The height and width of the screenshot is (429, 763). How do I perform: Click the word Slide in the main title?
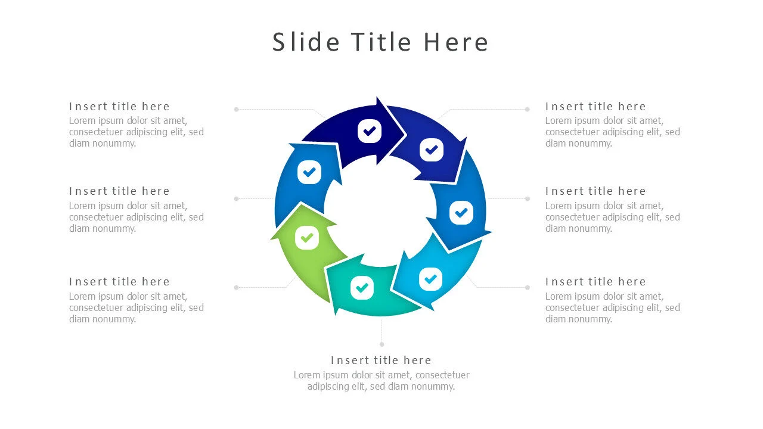click(x=306, y=42)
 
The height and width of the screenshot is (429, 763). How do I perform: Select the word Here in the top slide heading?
click(x=456, y=42)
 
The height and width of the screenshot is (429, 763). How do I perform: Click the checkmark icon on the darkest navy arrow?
click(x=370, y=131)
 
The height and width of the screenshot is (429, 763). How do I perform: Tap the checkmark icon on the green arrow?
click(x=307, y=238)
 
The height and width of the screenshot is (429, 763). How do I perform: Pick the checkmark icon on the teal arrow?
click(x=361, y=288)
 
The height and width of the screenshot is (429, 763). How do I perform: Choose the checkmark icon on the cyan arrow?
click(x=430, y=278)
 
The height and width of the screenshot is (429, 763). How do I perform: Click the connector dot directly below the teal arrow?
click(x=381, y=344)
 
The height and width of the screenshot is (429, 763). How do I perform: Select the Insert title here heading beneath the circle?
click(x=381, y=360)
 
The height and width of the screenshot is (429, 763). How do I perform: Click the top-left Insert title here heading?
click(x=119, y=107)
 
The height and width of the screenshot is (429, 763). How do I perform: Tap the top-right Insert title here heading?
click(x=595, y=107)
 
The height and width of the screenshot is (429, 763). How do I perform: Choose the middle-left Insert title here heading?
click(x=119, y=191)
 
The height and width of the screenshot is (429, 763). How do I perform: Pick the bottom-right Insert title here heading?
click(x=595, y=282)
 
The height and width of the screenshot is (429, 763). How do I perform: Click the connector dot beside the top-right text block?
click(x=527, y=109)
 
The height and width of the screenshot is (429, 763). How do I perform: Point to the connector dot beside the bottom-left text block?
click(x=236, y=287)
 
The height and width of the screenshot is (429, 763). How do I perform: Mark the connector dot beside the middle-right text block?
click(x=527, y=198)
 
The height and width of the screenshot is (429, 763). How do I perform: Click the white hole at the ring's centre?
click(x=380, y=212)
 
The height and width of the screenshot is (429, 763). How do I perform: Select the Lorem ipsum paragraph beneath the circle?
click(x=381, y=381)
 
